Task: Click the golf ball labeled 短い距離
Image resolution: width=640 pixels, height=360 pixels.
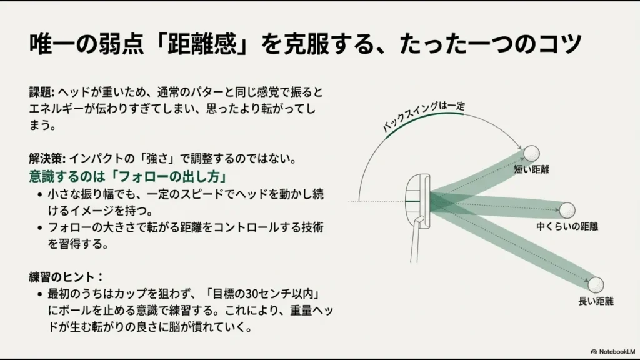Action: point(531,154)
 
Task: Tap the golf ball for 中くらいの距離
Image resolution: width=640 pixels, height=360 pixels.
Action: point(567,210)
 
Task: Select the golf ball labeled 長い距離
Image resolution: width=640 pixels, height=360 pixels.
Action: point(596,284)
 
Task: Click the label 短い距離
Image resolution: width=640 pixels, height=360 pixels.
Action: point(531,169)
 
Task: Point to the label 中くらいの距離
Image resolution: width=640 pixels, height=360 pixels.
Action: point(567,226)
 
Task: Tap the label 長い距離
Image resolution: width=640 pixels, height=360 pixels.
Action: point(596,301)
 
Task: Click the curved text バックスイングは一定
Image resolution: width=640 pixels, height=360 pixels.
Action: point(422,116)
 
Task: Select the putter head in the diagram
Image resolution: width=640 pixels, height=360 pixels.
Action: point(417,200)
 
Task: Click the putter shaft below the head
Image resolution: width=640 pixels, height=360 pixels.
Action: point(415,241)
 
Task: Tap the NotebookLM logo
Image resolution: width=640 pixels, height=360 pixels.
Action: point(612,351)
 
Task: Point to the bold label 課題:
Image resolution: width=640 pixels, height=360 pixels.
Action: point(41,92)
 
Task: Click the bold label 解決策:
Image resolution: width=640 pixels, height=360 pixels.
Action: point(47,158)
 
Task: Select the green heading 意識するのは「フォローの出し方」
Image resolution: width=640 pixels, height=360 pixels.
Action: point(128,176)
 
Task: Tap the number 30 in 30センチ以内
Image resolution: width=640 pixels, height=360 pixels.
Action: point(252,294)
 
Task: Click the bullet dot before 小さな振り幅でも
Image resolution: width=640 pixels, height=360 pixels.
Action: point(39,195)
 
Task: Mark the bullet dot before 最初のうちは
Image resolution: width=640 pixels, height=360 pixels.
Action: point(39,294)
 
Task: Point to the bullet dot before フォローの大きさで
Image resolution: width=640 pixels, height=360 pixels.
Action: point(39,227)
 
